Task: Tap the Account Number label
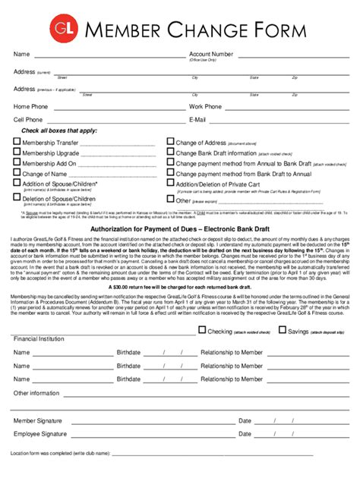point(211,55)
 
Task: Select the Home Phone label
point(30,107)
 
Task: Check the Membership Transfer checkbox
point(17,142)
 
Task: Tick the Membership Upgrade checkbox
point(17,153)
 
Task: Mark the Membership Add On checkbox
point(17,163)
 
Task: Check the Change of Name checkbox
point(17,174)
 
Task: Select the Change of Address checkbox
point(171,142)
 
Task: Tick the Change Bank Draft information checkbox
point(171,153)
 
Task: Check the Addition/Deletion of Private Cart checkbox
point(171,184)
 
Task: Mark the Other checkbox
point(171,200)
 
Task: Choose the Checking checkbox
point(202,330)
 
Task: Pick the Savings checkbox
point(283,330)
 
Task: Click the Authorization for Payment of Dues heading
point(179,229)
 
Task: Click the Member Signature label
point(39,420)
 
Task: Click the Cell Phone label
point(28,120)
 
